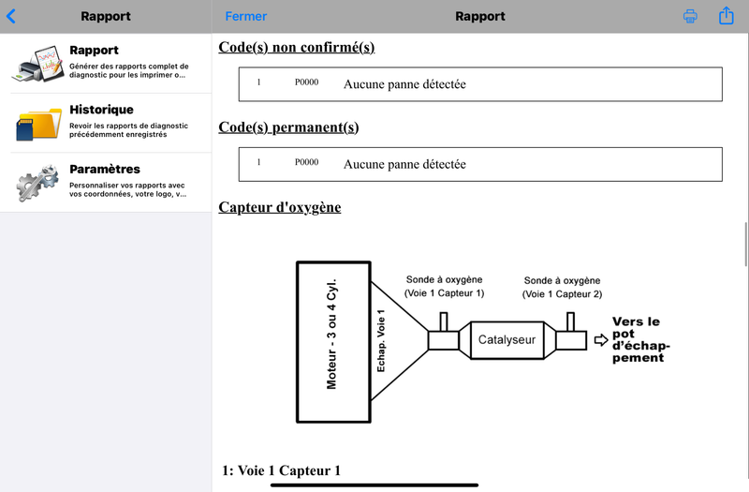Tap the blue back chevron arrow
[11, 16]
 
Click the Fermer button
[246, 16]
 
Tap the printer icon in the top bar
[690, 16]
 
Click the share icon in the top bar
[727, 15]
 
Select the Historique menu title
[102, 110]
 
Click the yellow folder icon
[39, 124]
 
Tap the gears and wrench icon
[37, 183]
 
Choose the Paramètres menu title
[105, 169]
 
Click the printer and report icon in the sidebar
[38, 64]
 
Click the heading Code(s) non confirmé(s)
[297, 48]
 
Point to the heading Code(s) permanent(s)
[288, 127]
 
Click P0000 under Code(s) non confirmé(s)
[307, 82]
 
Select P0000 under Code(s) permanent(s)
[307, 162]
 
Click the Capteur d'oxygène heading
[280, 207]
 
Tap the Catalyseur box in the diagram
[507, 340]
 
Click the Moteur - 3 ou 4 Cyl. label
[331, 334]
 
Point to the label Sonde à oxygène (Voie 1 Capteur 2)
[563, 287]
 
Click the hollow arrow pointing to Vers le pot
[601, 340]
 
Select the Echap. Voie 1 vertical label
[381, 340]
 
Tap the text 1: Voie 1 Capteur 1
[282, 470]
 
